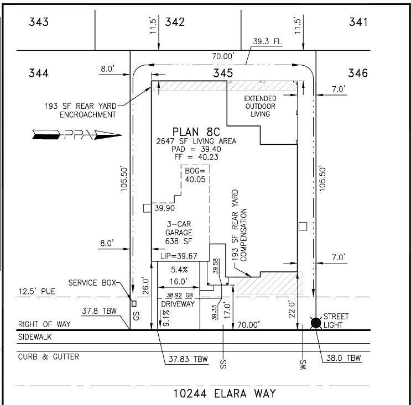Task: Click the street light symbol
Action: (316, 323)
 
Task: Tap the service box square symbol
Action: (134, 303)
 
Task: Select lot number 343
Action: (39, 22)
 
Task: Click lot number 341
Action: (358, 22)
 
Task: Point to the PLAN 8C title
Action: (196, 132)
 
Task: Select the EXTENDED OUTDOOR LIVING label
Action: (260, 106)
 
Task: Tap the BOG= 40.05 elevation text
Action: (195, 175)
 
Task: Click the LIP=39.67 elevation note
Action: (179, 256)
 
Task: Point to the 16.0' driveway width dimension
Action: (179, 281)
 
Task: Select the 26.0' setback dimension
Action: (145, 286)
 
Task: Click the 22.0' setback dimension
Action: (292, 309)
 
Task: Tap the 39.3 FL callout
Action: (267, 41)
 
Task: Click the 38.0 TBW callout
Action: (344, 358)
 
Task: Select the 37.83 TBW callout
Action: (188, 359)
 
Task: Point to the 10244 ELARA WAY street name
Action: (225, 393)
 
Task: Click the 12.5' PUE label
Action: (37, 291)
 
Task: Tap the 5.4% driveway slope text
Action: (179, 270)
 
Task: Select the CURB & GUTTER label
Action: (49, 357)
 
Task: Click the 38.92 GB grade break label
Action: (180, 295)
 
